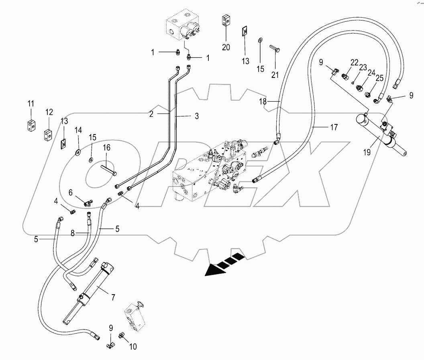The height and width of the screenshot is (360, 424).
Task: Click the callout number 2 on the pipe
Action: click(151, 114)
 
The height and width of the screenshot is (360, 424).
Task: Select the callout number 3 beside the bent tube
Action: click(196, 116)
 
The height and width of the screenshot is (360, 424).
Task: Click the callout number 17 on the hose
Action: click(333, 128)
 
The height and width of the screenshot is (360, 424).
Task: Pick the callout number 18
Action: click(262, 102)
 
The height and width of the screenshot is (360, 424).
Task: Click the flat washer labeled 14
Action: click(78, 152)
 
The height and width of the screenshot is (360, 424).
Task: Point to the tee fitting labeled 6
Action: click(88, 203)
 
